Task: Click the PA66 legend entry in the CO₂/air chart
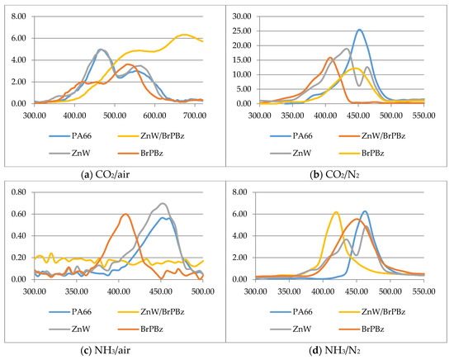[70, 135]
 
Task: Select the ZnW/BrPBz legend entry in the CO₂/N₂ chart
[372, 135]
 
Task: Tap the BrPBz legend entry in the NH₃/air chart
[140, 329]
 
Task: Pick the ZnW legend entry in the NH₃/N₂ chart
[291, 329]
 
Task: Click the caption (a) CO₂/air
[105, 175]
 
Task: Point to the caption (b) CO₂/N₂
[334, 175]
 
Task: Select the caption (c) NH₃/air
[105, 350]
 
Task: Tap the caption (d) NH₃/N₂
[334, 350]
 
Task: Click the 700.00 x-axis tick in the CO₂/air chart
[195, 116]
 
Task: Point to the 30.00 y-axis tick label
[242, 17]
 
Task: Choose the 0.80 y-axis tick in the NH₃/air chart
[18, 192]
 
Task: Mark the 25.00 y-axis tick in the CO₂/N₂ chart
[242, 31]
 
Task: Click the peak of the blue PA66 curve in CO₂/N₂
[359, 30]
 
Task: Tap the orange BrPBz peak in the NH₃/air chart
[125, 214]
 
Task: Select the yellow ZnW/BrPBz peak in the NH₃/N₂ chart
[336, 212]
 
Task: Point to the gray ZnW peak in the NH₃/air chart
[163, 203]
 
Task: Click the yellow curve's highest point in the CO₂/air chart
[183, 35]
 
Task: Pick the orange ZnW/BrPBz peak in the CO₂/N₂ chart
[330, 58]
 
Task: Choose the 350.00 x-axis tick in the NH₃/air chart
[77, 291]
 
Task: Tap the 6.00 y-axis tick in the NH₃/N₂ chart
[239, 214]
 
